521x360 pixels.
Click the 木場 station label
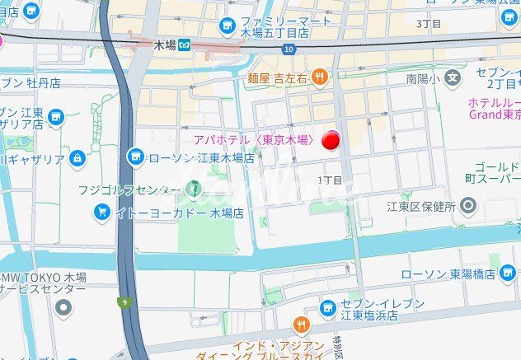(165, 46)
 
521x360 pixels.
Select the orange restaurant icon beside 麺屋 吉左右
(320, 77)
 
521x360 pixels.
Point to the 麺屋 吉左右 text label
(276, 77)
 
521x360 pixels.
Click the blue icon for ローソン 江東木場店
(134, 157)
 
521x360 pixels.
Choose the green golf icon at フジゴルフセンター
(193, 189)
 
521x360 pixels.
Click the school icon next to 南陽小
(452, 78)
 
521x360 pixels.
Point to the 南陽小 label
(421, 79)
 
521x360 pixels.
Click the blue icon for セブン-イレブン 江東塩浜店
(328, 308)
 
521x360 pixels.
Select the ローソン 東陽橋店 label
(442, 274)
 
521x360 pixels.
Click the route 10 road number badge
(288, 49)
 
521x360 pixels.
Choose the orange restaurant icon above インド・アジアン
(303, 325)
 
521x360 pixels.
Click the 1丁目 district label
(329, 180)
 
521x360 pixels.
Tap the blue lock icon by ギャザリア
(77, 157)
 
